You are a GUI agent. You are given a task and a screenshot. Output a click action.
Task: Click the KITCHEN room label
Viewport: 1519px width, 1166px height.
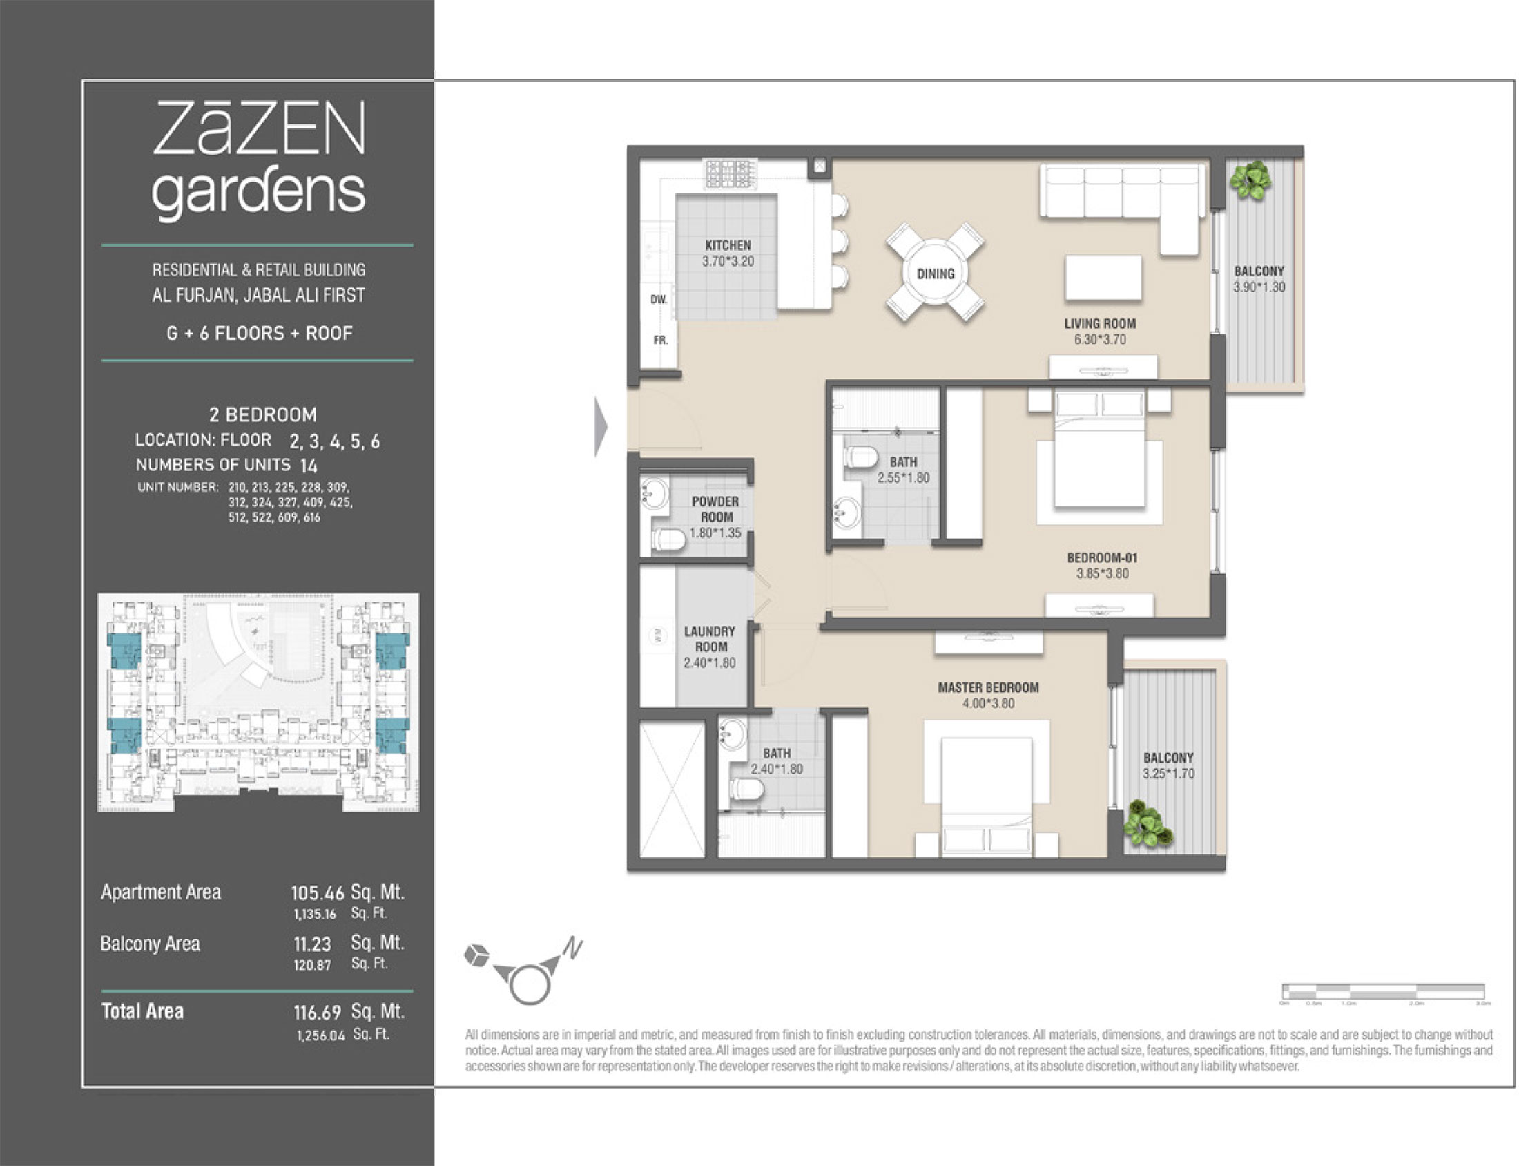click(728, 245)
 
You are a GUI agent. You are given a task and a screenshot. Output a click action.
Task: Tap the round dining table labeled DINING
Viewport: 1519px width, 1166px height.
click(935, 274)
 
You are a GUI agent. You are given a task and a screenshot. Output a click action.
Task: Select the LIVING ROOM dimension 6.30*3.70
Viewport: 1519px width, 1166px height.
click(1099, 339)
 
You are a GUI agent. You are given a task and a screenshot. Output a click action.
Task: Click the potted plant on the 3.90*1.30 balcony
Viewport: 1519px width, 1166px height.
click(1250, 180)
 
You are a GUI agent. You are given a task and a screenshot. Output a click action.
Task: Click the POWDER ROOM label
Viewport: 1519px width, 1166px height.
click(715, 508)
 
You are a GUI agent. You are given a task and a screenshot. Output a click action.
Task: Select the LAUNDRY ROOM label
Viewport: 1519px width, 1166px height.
click(710, 638)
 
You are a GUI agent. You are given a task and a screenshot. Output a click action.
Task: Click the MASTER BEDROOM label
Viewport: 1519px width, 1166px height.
click(988, 687)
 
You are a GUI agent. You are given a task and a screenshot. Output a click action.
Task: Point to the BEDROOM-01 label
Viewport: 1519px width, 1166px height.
click(1101, 557)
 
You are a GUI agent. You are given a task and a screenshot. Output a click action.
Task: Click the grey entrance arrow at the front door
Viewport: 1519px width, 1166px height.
click(601, 426)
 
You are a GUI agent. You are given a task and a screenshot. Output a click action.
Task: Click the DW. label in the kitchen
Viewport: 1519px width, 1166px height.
click(658, 299)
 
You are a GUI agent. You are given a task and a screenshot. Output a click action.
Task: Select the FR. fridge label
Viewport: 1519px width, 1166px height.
click(660, 340)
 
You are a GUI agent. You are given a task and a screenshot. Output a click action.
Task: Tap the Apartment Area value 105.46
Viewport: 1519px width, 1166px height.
click(317, 892)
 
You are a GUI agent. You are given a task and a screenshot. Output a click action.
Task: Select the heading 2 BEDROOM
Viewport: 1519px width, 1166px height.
click(263, 414)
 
